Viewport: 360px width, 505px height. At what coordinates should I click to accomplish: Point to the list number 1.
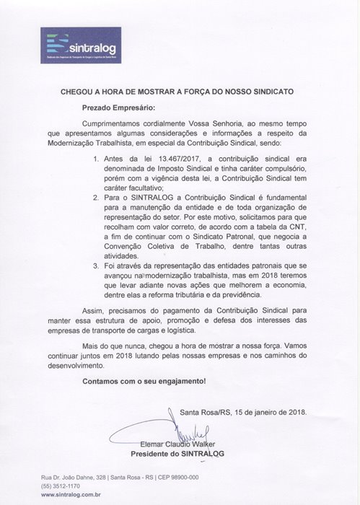pyautogui.click(x=98, y=159)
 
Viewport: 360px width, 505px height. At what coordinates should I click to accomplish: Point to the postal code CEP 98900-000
pyautogui.click(x=177, y=478)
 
